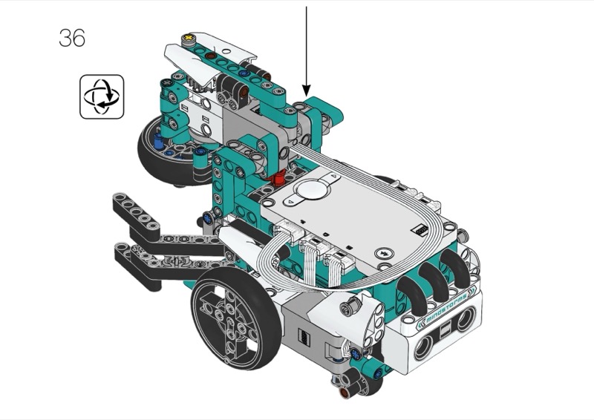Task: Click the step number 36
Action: (x=72, y=38)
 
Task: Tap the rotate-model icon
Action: (x=102, y=96)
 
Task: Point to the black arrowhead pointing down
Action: (x=306, y=90)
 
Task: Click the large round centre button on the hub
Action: (x=313, y=188)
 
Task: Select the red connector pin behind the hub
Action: (x=280, y=177)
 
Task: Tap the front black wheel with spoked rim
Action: (x=237, y=318)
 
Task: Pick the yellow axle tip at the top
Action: (x=188, y=38)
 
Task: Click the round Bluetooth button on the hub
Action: (x=383, y=253)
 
